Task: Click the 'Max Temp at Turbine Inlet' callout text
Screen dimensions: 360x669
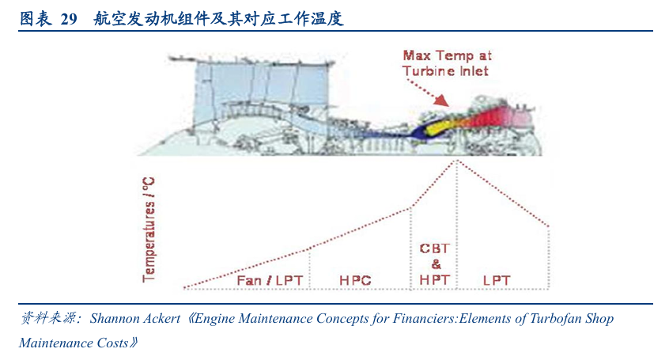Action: [447, 63]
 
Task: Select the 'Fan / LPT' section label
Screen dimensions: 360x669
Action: [267, 280]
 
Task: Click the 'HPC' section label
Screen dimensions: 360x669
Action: [355, 280]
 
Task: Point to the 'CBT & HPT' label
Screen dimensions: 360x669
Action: [434, 263]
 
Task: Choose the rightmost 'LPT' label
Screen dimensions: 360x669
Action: [497, 280]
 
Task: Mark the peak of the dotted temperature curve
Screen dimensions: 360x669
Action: [456, 161]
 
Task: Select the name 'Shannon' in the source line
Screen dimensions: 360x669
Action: [117, 319]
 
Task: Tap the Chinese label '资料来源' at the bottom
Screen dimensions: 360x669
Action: [46, 319]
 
